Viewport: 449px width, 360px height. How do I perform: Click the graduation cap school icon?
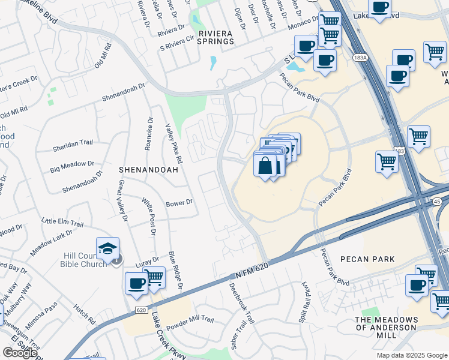click(x=108, y=248)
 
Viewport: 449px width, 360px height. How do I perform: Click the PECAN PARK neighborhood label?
click(x=367, y=259)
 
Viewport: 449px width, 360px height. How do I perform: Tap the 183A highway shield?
click(x=360, y=57)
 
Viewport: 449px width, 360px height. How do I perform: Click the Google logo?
click(x=20, y=353)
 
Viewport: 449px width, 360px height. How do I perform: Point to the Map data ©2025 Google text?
click(x=411, y=355)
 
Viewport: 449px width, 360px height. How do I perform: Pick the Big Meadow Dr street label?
click(x=73, y=164)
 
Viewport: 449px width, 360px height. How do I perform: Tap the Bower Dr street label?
click(x=179, y=203)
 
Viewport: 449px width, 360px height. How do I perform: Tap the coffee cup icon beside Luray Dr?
click(x=137, y=283)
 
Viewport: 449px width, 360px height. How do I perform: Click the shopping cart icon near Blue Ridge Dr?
click(x=155, y=277)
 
